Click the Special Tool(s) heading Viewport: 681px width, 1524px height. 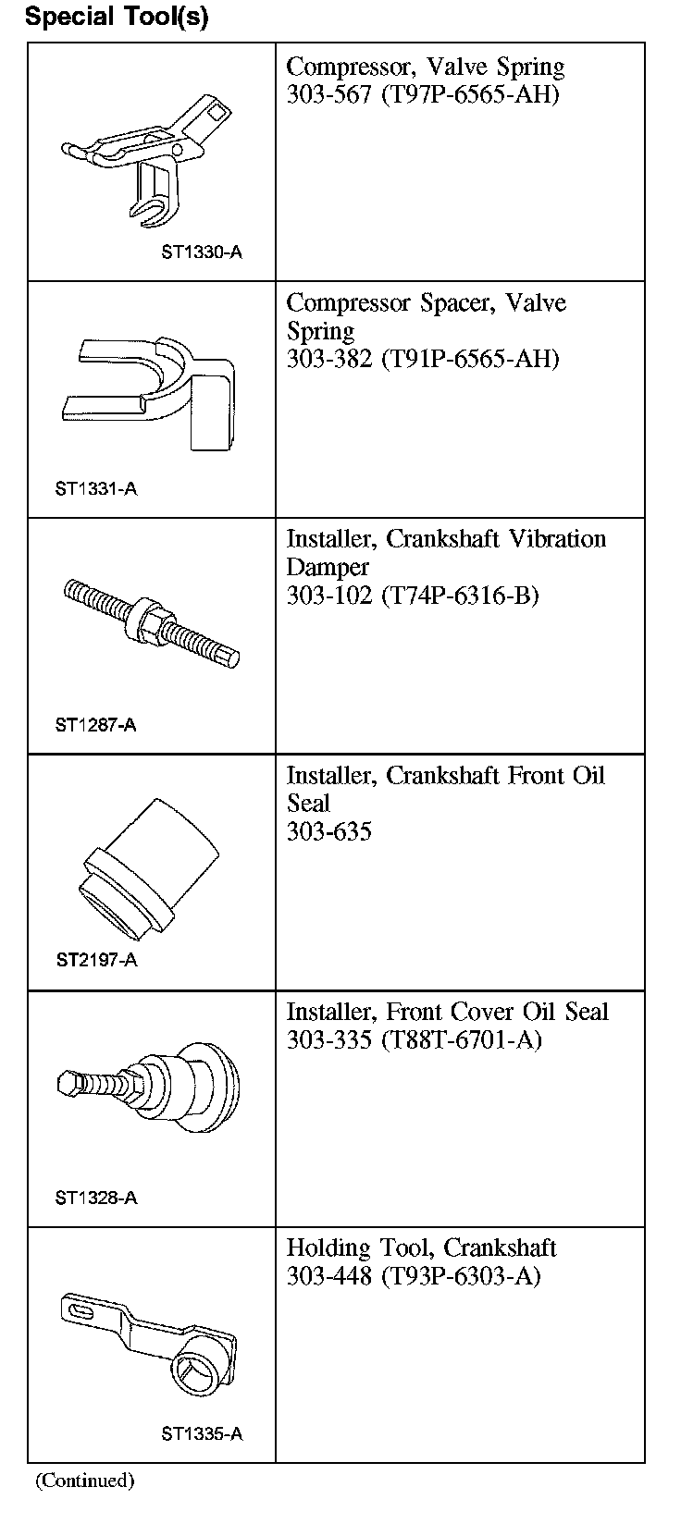point(117,18)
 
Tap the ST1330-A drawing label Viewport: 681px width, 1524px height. point(201,252)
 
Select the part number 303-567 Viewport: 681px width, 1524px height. point(328,94)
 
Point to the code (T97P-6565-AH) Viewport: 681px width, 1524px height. point(470,94)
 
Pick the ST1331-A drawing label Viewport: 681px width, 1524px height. point(95,488)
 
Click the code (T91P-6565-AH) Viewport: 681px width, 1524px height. point(470,359)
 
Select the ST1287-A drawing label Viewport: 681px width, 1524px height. point(95,725)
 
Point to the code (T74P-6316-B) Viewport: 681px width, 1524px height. point(459,595)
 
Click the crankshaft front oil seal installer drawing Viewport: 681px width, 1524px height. point(149,874)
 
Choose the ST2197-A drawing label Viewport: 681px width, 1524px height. point(95,960)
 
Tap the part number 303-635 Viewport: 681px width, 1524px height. point(328,831)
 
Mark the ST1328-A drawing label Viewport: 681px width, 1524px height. point(95,1198)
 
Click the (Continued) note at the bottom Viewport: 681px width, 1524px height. point(84,1481)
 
